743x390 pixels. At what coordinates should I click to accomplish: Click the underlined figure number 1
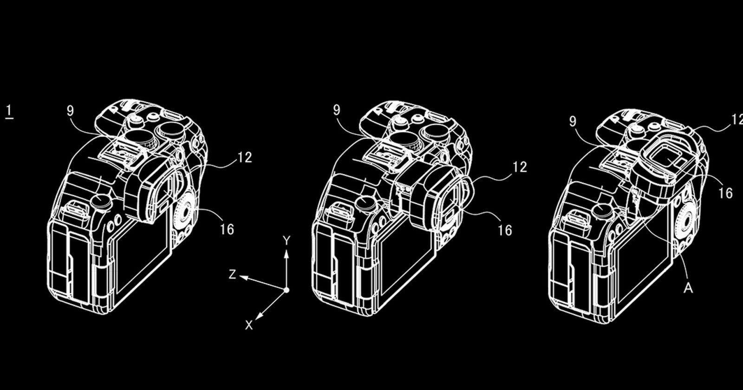10,111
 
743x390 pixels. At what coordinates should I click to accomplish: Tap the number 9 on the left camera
70,111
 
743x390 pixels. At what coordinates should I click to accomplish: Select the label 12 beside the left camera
245,157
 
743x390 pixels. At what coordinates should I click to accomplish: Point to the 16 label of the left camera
227,229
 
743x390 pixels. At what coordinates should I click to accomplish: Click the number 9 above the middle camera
337,110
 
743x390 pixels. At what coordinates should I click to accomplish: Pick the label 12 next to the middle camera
520,167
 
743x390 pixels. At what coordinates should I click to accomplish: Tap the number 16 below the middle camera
505,230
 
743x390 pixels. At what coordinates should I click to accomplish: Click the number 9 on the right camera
573,121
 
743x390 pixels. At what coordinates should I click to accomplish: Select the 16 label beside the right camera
725,193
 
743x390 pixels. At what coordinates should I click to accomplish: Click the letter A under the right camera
688,288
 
